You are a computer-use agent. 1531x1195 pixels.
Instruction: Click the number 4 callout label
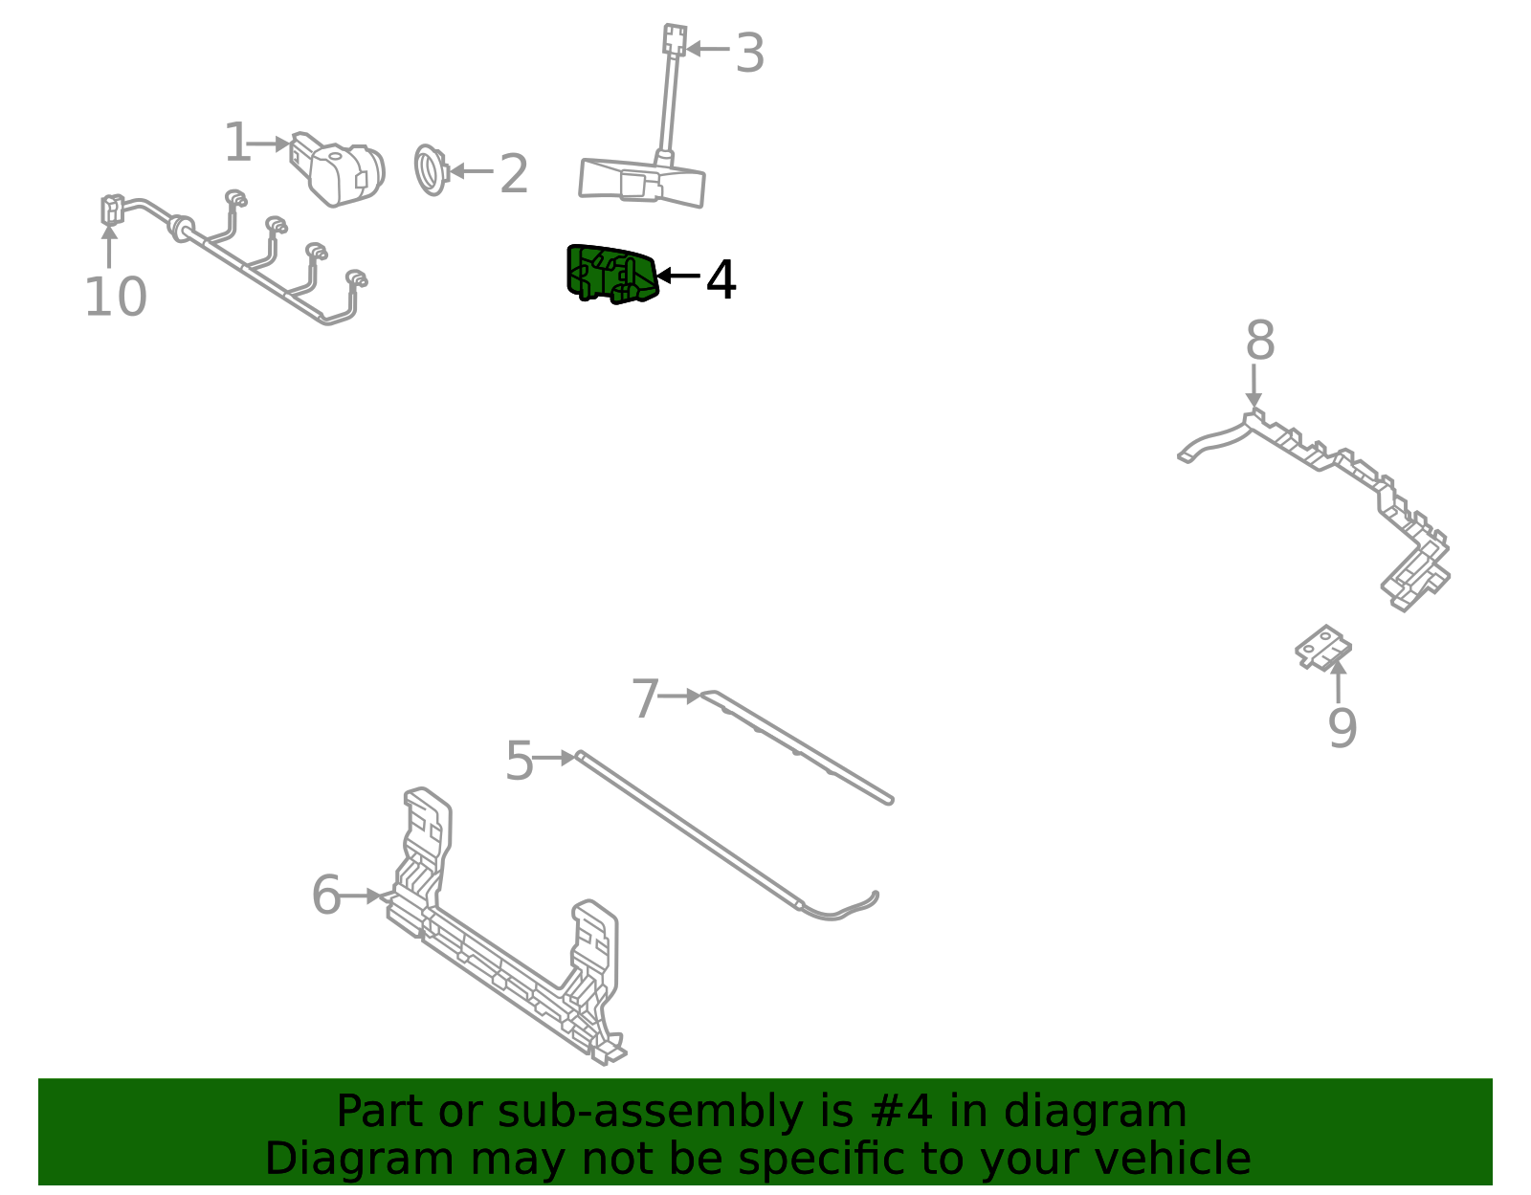pyautogui.click(x=721, y=279)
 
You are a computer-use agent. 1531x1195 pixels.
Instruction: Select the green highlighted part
pyautogui.click(x=611, y=274)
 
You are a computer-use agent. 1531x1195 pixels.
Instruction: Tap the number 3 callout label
pyautogui.click(x=749, y=53)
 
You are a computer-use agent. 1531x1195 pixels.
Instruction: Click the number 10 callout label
pyautogui.click(x=116, y=297)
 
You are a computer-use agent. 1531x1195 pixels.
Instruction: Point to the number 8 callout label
pyautogui.click(x=1260, y=340)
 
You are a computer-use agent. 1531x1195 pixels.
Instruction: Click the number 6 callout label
pyautogui.click(x=326, y=895)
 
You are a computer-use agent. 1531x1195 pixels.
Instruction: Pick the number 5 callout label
pyautogui.click(x=520, y=761)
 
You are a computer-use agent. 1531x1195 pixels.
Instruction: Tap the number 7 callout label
pyautogui.click(x=645, y=698)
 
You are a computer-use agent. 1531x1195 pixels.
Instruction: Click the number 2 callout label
pyautogui.click(x=514, y=174)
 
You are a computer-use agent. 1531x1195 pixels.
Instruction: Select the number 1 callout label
pyautogui.click(x=237, y=143)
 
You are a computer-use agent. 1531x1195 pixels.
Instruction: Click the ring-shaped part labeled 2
pyautogui.click(x=432, y=169)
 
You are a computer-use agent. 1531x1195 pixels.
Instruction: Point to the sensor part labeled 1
pyautogui.click(x=337, y=169)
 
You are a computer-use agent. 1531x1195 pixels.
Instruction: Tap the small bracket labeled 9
pyautogui.click(x=1323, y=647)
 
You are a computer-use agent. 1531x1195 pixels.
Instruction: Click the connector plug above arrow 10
pyautogui.click(x=112, y=210)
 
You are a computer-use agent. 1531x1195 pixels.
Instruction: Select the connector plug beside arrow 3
pyautogui.click(x=675, y=40)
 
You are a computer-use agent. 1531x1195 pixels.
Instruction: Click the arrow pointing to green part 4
pyautogui.click(x=677, y=276)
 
